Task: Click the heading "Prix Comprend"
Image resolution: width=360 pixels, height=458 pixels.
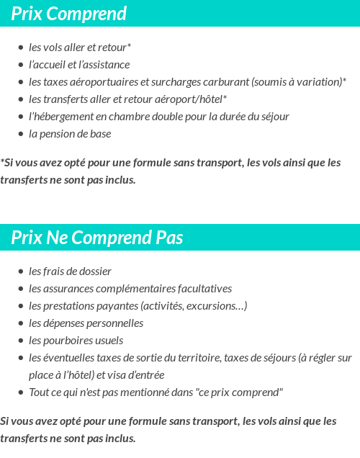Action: coord(69,14)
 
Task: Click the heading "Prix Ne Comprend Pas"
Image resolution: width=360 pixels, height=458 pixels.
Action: coord(97,238)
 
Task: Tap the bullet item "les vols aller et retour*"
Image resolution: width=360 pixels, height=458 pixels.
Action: coord(80,48)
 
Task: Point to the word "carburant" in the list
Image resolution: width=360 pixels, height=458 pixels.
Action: coord(220,82)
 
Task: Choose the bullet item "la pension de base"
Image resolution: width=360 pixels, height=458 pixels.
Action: coord(70,134)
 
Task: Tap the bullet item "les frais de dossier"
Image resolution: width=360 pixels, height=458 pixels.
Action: coord(70,271)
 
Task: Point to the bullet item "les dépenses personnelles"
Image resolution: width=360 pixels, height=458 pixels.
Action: coord(86,323)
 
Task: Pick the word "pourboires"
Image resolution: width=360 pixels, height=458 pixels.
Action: coord(69,341)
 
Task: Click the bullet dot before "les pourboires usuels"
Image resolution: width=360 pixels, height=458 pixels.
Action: coord(21,341)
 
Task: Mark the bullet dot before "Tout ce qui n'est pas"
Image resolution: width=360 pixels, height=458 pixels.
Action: coord(21,392)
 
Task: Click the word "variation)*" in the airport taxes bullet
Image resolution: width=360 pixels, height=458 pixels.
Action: coord(321,82)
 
